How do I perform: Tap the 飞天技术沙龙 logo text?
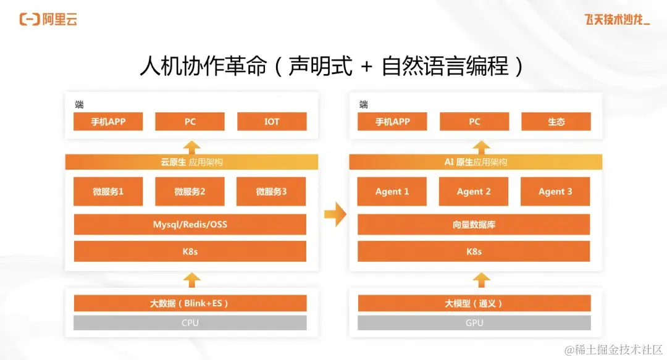click(x=616, y=20)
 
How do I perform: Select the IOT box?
click(x=272, y=122)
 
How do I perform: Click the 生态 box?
click(x=556, y=122)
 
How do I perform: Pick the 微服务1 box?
click(x=108, y=191)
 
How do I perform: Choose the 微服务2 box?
click(x=190, y=191)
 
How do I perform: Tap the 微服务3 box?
click(x=271, y=191)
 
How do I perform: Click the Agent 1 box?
click(x=392, y=191)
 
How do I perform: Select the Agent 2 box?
click(x=474, y=191)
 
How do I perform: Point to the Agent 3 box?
click(x=555, y=191)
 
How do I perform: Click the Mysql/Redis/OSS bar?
click(x=190, y=224)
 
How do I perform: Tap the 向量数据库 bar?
click(x=474, y=224)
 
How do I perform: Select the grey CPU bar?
click(x=190, y=323)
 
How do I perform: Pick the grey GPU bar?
click(x=474, y=323)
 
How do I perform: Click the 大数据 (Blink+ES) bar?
click(x=190, y=303)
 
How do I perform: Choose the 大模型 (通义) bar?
click(x=474, y=303)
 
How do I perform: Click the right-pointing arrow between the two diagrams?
click(x=335, y=214)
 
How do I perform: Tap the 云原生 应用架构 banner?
click(x=191, y=162)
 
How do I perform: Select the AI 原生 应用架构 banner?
click(x=476, y=162)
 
